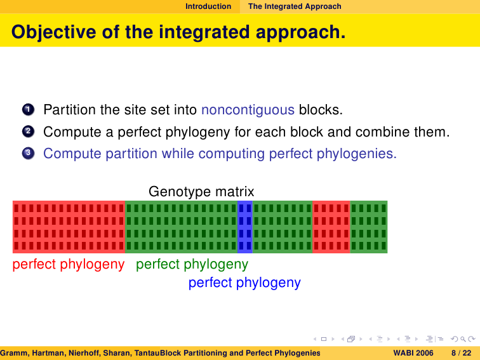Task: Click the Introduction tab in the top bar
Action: point(208,6)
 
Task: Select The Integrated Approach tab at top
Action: point(295,6)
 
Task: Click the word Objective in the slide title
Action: point(53,32)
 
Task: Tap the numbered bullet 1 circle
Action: point(28,109)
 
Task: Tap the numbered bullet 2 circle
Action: point(28,131)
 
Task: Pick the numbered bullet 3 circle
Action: point(28,153)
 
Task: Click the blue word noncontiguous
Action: point(248,110)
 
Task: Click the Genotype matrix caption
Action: point(201,192)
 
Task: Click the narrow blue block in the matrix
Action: point(245,227)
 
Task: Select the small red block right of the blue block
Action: point(331,227)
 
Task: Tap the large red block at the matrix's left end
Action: point(69,227)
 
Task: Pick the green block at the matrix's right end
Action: point(368,227)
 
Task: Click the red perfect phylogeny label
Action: point(69,264)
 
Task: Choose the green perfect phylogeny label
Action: point(192,264)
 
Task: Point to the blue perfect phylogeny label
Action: point(244,283)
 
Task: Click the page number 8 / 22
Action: point(462,353)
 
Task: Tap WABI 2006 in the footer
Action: point(413,353)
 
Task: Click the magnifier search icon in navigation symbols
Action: point(463,339)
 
